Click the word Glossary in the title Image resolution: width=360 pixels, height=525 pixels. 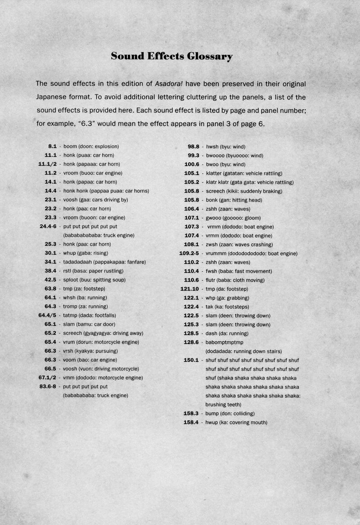(210, 56)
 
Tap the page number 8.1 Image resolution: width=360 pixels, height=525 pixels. (52, 146)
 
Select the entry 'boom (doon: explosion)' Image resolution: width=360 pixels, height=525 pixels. (91, 146)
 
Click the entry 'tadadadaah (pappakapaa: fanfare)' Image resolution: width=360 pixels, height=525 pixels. (104, 262)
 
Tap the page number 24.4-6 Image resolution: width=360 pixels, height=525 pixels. (48, 226)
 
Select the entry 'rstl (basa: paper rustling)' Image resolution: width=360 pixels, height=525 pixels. (93, 271)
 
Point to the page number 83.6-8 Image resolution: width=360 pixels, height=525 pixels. (48, 386)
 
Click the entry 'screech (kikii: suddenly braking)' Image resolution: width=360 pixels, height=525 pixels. (244, 191)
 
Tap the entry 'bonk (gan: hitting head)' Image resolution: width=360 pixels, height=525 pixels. (234, 200)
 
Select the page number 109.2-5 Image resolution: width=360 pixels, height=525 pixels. (189, 253)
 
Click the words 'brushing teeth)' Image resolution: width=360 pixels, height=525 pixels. (223, 404)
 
